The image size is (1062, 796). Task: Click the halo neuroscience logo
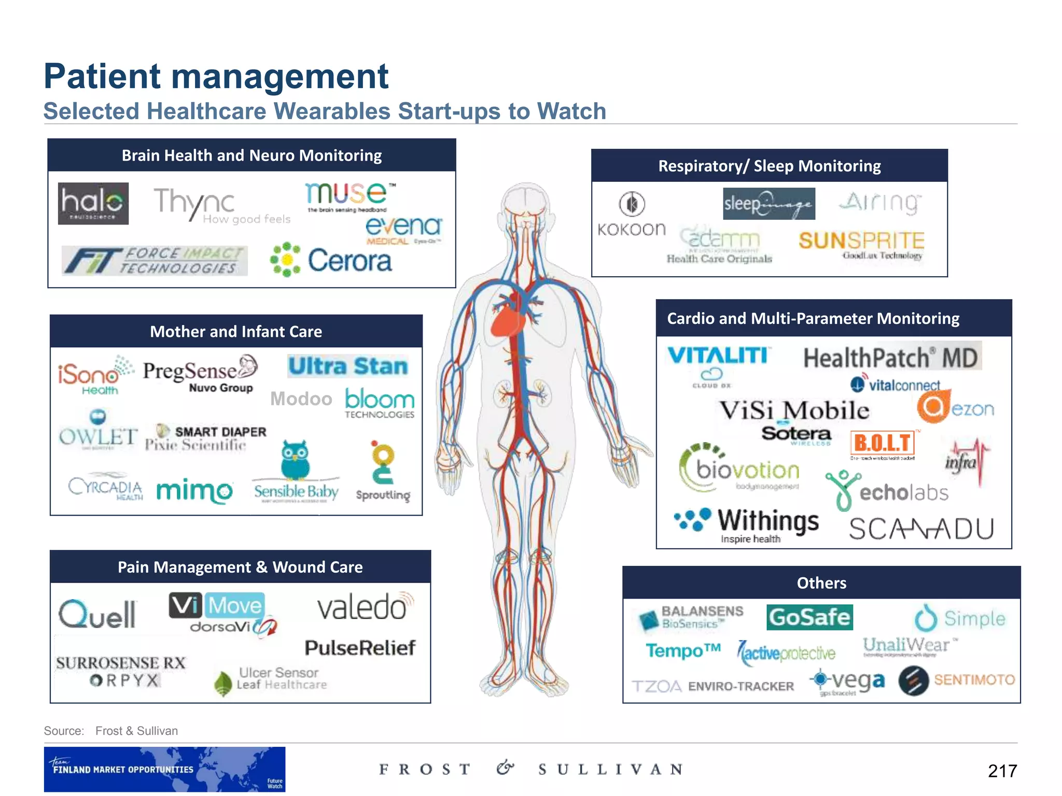coord(93,203)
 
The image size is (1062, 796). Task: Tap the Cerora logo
coord(332,260)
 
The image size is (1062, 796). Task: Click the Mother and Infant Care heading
coord(236,332)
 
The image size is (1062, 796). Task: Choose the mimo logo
coord(194,490)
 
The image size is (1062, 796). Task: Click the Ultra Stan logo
coord(348,366)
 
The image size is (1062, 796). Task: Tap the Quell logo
coord(97,615)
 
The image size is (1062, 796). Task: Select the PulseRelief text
coord(360,647)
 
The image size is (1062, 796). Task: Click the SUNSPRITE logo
coord(861,241)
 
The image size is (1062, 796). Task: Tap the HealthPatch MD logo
coord(890,358)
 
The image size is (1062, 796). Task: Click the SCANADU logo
coord(921,529)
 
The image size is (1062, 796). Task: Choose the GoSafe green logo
coord(809,617)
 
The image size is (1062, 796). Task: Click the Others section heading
coord(821,583)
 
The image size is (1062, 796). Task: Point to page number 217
coord(1002,771)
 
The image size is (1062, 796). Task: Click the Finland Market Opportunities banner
coord(164,769)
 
